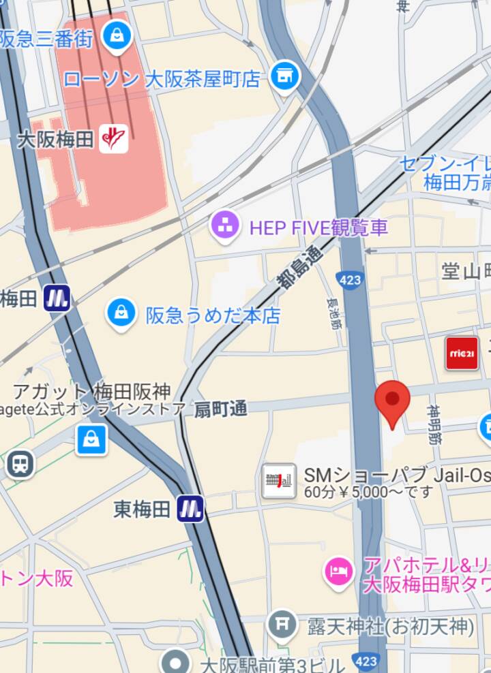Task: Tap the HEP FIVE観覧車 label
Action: pos(318,227)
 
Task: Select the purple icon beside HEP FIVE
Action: pos(224,226)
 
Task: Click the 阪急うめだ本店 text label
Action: pos(213,315)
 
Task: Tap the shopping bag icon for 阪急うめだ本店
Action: pos(121,313)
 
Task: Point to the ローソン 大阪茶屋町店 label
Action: pos(162,79)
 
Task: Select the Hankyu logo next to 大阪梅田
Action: pos(113,139)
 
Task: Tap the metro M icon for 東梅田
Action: pos(190,508)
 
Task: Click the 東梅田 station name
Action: pos(142,509)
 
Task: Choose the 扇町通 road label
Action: pos(220,409)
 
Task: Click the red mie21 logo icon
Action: pos(462,354)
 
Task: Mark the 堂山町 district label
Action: pos(466,272)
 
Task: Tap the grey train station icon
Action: pos(20,465)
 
